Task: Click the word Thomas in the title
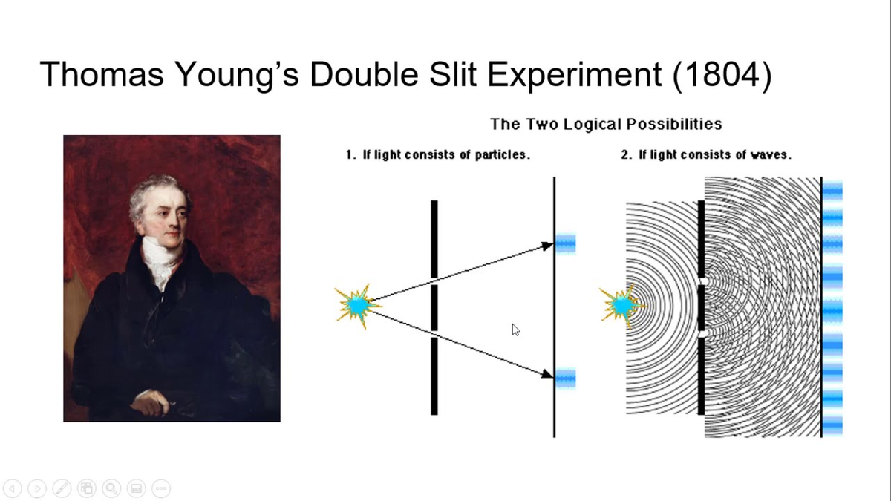pyautogui.click(x=102, y=74)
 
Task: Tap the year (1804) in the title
pyautogui.click(x=722, y=75)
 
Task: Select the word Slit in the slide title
pyautogui.click(x=453, y=74)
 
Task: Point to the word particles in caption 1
pyautogui.click(x=503, y=154)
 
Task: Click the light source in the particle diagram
pyautogui.click(x=358, y=305)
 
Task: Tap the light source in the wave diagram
pyautogui.click(x=622, y=305)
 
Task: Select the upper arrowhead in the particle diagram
pyautogui.click(x=547, y=246)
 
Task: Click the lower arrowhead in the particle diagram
pyautogui.click(x=547, y=373)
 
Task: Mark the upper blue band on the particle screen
pyautogui.click(x=565, y=243)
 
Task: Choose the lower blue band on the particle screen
pyautogui.click(x=565, y=378)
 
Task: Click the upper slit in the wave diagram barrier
pyautogui.click(x=702, y=281)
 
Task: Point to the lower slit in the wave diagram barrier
pyautogui.click(x=702, y=334)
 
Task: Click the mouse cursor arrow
pyautogui.click(x=516, y=330)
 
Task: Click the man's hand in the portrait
pyautogui.click(x=150, y=402)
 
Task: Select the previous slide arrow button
pyautogui.click(x=13, y=488)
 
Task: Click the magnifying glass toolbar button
pyautogui.click(x=111, y=488)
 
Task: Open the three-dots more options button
pyautogui.click(x=161, y=488)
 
